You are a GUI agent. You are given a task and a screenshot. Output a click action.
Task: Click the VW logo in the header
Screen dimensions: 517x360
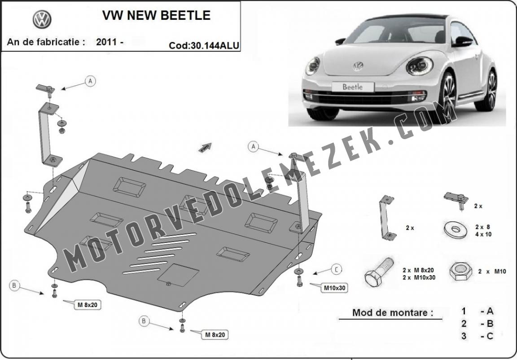(x=42, y=19)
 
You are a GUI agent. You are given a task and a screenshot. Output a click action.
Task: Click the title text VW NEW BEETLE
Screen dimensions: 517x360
(x=156, y=15)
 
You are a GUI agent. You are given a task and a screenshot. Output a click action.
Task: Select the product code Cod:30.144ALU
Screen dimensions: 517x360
(x=204, y=45)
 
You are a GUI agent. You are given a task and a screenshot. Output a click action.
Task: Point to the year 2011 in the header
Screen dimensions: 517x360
(x=106, y=42)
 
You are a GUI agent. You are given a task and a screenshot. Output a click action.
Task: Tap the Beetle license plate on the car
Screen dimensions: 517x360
(x=353, y=87)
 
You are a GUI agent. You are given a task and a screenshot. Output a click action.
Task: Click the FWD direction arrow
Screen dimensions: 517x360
(x=205, y=147)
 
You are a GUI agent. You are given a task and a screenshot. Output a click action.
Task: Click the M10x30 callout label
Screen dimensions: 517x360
(x=334, y=288)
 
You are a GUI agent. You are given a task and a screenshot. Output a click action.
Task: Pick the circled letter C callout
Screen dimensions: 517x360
(x=336, y=270)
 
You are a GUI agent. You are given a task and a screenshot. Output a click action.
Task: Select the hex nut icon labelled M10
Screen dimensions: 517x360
(x=460, y=271)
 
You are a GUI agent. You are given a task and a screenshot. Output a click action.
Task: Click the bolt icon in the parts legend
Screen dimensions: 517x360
(x=379, y=272)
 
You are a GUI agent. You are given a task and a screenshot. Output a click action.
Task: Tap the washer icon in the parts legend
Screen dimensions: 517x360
(x=456, y=229)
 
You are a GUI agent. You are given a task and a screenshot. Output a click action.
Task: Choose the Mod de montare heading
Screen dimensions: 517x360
(x=393, y=312)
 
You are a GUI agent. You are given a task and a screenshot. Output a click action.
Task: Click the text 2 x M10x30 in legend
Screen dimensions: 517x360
(x=419, y=277)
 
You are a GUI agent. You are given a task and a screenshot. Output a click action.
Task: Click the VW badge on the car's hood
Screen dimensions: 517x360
(x=358, y=66)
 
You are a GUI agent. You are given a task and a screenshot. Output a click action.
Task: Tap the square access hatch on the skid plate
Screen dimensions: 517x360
(x=178, y=275)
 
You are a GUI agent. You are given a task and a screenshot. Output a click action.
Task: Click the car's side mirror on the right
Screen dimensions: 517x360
(x=464, y=42)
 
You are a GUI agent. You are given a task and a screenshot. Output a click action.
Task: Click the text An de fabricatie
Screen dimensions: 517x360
(x=46, y=42)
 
